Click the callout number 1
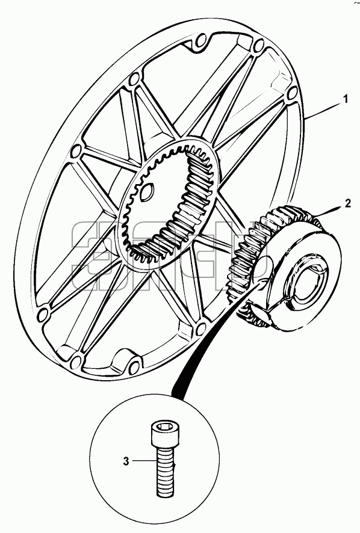pyautogui.click(x=345, y=100)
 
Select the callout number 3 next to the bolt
pyautogui.click(x=126, y=461)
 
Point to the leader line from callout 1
pyautogui.click(x=323, y=109)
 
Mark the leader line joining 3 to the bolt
pyautogui.click(x=145, y=461)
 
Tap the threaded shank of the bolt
pyautogui.click(x=166, y=472)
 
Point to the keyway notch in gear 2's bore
pyautogui.click(x=320, y=270)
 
